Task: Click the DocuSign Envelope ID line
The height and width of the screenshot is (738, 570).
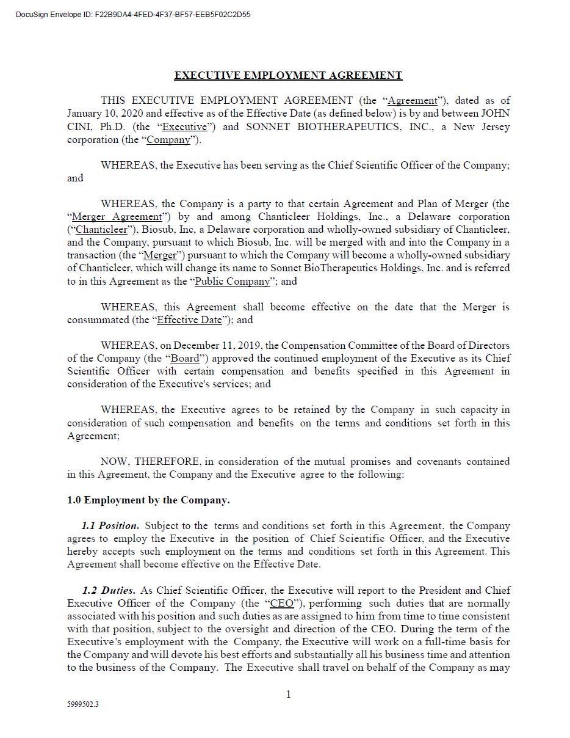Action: point(133,15)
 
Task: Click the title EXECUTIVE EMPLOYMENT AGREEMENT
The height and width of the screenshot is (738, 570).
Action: point(288,75)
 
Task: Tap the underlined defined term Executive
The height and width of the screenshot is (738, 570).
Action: point(184,127)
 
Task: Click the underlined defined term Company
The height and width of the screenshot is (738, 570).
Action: point(168,140)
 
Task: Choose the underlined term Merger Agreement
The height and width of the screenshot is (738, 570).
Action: point(117,217)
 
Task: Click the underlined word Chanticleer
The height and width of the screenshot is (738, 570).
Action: point(101,230)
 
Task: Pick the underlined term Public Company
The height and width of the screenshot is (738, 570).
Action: point(232,282)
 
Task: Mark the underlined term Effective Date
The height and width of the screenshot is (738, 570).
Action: point(189,320)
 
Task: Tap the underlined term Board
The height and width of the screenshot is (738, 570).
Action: point(184,359)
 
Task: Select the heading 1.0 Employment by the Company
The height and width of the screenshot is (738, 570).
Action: point(148,500)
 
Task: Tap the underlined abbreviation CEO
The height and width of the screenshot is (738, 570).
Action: point(281,604)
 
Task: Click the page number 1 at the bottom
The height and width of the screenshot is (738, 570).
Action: point(288,695)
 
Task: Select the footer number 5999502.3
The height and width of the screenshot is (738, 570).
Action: point(83,704)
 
